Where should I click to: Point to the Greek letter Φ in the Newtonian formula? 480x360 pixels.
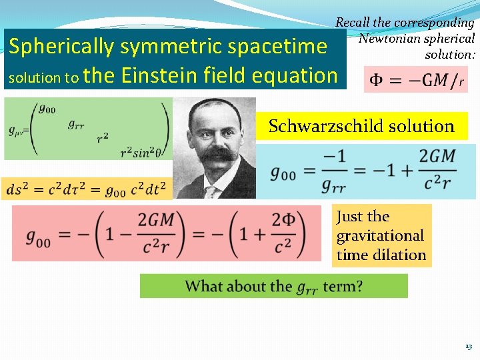377,81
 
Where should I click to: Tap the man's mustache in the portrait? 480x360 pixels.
221,155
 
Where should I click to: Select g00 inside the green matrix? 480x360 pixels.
47,109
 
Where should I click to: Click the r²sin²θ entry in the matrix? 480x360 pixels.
141,153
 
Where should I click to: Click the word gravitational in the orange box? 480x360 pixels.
380,235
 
